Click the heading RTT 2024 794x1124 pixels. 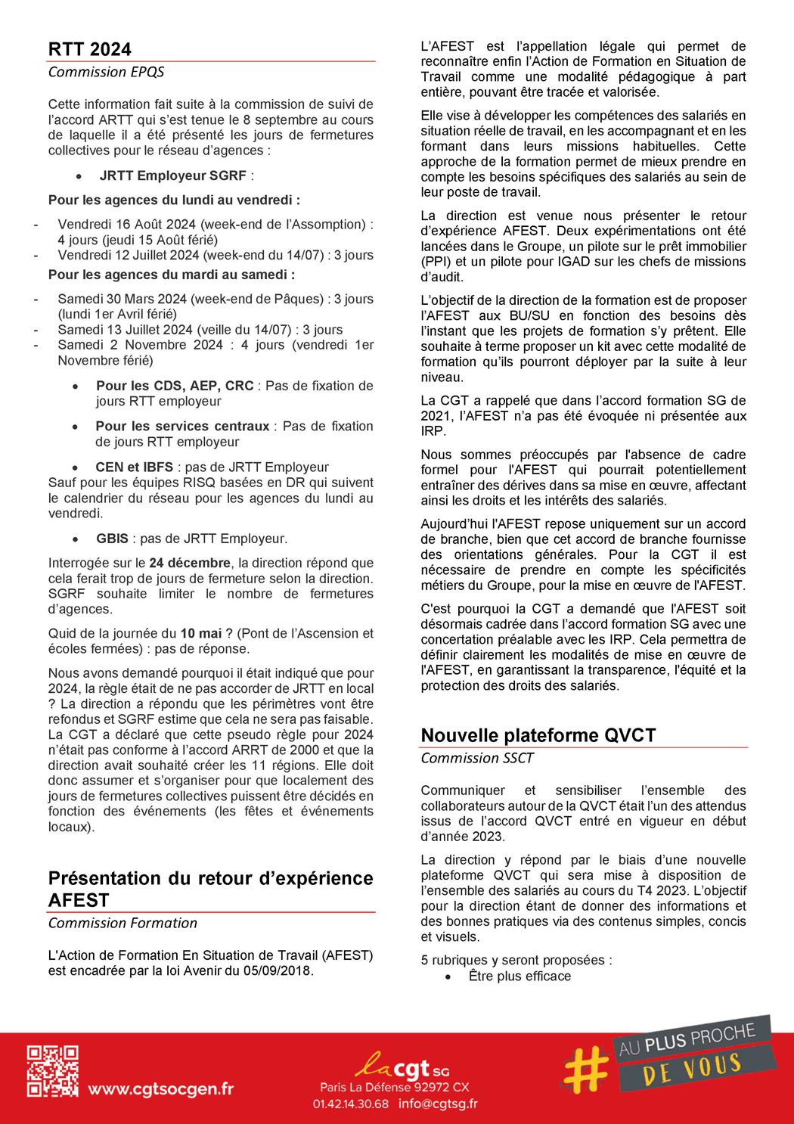click(90, 50)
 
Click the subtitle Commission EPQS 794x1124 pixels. click(106, 72)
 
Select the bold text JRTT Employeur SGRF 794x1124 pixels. click(172, 175)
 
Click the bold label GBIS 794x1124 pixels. click(112, 539)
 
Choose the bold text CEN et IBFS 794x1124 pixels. click(134, 467)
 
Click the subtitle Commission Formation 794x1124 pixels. click(123, 924)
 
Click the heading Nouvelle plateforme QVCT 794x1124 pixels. click(538, 736)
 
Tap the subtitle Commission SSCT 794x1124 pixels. click(477, 759)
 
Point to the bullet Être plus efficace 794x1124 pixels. click(520, 977)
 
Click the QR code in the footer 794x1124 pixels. click(53, 1071)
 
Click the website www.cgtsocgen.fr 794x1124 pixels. click(160, 1089)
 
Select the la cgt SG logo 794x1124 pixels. click(402, 1067)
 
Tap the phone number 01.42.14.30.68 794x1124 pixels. click(351, 1104)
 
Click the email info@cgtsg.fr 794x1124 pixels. click(438, 1104)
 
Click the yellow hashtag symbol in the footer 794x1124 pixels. click(586, 1070)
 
